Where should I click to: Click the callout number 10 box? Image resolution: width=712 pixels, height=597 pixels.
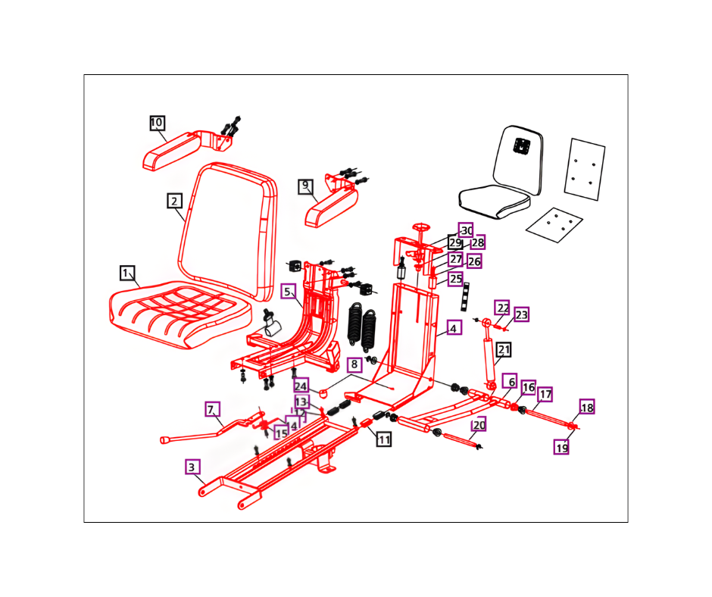pyautogui.click(x=157, y=123)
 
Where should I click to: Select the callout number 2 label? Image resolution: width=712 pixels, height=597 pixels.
pyautogui.click(x=174, y=201)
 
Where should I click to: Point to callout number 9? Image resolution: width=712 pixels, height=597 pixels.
pyautogui.click(x=305, y=186)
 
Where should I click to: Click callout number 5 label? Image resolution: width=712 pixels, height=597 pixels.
pyautogui.click(x=288, y=292)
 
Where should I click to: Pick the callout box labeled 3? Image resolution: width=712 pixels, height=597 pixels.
pyautogui.click(x=193, y=467)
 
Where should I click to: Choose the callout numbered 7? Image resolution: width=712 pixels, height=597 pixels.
pyautogui.click(x=211, y=409)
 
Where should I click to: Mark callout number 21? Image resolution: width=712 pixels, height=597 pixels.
pyautogui.click(x=504, y=350)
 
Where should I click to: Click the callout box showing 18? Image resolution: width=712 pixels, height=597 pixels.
pyautogui.click(x=587, y=408)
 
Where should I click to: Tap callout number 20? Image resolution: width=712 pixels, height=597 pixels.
pyautogui.click(x=478, y=425)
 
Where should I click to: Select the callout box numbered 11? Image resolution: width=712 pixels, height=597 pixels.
pyautogui.click(x=384, y=439)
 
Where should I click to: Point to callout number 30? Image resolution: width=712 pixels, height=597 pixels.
pyautogui.click(x=466, y=230)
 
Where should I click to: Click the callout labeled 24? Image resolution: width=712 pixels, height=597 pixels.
pyautogui.click(x=301, y=386)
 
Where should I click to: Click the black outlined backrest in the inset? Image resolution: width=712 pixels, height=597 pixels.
pyautogui.click(x=519, y=155)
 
